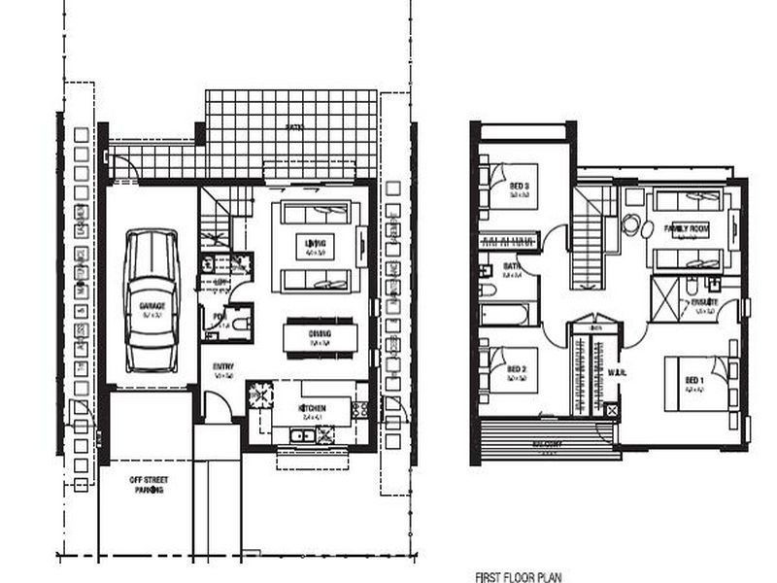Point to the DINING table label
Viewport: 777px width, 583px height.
point(321,334)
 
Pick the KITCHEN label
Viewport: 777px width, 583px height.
point(312,407)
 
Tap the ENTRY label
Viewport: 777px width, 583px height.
point(224,366)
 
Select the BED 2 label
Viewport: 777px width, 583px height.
point(517,369)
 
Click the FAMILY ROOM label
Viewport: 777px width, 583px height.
point(687,229)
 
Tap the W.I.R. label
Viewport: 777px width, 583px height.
point(615,371)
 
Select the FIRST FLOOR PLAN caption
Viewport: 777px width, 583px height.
point(520,575)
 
